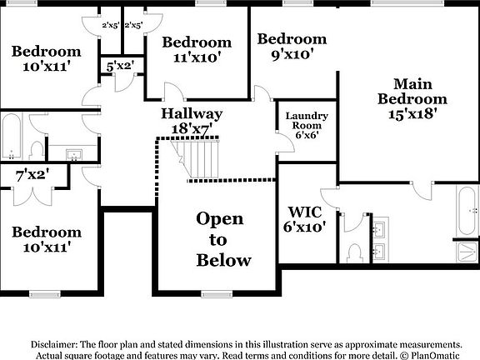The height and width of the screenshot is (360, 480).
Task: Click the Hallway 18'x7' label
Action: click(x=192, y=121)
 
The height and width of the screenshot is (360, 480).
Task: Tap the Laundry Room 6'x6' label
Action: click(x=307, y=125)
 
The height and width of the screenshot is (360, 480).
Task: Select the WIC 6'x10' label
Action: click(x=305, y=219)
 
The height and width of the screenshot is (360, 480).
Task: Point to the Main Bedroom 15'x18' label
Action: click(x=412, y=98)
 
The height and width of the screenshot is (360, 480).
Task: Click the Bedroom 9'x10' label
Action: click(x=292, y=47)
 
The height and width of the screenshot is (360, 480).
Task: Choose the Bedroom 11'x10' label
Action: click(x=197, y=50)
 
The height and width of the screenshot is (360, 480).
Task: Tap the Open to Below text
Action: click(x=224, y=239)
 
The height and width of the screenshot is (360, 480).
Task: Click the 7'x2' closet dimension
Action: click(x=32, y=175)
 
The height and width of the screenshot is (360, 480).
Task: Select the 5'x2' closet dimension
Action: click(x=120, y=66)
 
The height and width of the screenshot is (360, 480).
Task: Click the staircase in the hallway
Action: click(x=196, y=158)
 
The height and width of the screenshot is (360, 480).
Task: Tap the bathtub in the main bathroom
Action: click(x=467, y=211)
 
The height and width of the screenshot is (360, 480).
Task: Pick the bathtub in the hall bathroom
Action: click(x=12, y=136)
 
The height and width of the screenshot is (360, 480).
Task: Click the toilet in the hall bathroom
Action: click(x=37, y=150)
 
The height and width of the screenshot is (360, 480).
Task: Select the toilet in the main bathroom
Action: click(x=355, y=253)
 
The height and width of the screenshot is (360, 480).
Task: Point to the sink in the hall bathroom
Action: click(x=74, y=155)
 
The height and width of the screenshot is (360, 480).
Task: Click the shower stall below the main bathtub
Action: click(x=467, y=252)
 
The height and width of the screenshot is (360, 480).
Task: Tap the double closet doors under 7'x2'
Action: click(x=32, y=196)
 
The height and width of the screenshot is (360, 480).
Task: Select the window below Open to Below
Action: click(x=217, y=294)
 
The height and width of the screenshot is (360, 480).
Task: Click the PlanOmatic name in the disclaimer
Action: click(x=435, y=356)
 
